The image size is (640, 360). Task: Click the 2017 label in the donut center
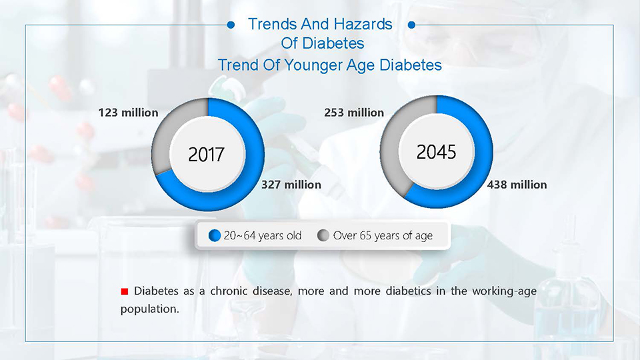pyautogui.click(x=206, y=154)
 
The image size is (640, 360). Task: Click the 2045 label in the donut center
pyautogui.click(x=436, y=152)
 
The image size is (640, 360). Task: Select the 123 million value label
pyautogui.click(x=128, y=113)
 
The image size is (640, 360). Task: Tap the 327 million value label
pyautogui.click(x=291, y=185)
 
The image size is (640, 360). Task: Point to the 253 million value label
pyautogui.click(x=354, y=113)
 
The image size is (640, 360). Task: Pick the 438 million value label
pyautogui.click(x=517, y=185)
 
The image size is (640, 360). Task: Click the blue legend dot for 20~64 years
pyautogui.click(x=215, y=235)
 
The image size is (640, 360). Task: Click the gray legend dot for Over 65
pyautogui.click(x=323, y=235)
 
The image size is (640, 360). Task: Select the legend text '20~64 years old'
pyautogui.click(x=263, y=235)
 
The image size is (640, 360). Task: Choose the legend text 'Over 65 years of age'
pyautogui.click(x=383, y=235)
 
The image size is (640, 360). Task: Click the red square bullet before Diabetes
pyautogui.click(x=125, y=291)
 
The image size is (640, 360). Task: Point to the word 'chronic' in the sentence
pyautogui.click(x=229, y=291)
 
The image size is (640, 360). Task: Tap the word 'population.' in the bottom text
pyautogui.click(x=150, y=309)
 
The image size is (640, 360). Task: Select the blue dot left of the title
pyautogui.click(x=231, y=25)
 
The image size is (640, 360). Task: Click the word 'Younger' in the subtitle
pyautogui.click(x=313, y=65)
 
